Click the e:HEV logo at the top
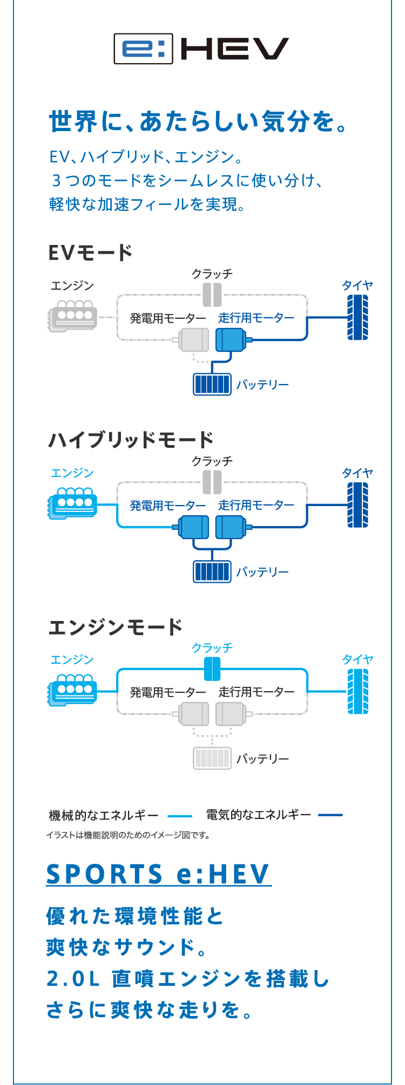(201, 49)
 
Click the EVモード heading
(90, 253)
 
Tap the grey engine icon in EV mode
(73, 316)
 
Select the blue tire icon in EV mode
(357, 317)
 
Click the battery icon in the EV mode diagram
(212, 384)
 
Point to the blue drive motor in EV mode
(231, 339)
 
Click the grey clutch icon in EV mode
(212, 295)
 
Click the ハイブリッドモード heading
(131, 440)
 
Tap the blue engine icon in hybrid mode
(73, 503)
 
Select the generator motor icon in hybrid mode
(194, 527)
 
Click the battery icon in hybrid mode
(212, 571)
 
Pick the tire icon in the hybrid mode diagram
(357, 504)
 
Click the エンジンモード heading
(116, 627)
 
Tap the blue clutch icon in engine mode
(212, 669)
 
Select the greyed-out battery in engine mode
(212, 758)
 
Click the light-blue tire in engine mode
(357, 691)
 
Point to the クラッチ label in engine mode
(212, 647)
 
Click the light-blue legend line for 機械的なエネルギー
(180, 816)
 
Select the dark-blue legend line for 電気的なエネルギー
(330, 815)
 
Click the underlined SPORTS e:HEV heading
(158, 874)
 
